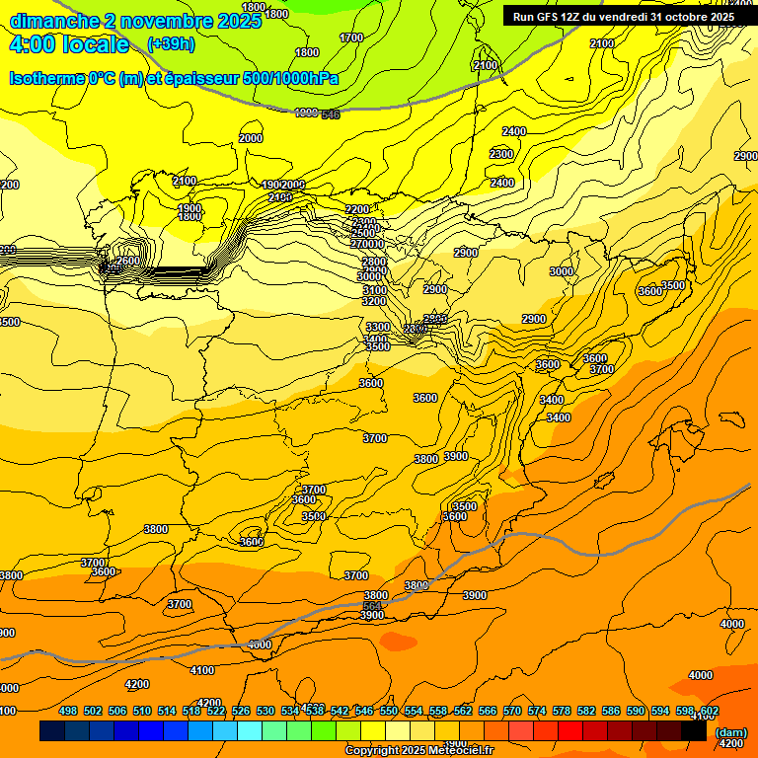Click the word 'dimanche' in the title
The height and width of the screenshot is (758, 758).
click(53, 21)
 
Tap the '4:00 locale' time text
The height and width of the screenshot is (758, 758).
click(69, 44)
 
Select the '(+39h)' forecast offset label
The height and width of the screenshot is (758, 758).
click(171, 44)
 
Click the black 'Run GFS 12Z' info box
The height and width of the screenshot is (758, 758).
click(624, 16)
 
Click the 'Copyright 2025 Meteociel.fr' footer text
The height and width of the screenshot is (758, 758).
click(417, 751)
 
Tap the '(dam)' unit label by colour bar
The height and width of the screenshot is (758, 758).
click(731, 732)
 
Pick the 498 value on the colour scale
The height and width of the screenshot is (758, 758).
click(68, 711)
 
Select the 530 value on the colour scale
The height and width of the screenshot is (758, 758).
click(265, 711)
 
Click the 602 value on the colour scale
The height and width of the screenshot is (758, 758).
click(710, 711)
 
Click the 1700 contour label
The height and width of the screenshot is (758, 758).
click(351, 38)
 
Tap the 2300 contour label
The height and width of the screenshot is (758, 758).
click(501, 154)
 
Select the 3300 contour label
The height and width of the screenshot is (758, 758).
click(377, 327)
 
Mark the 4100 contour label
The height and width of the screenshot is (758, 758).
click(201, 671)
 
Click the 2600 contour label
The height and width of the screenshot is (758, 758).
click(127, 262)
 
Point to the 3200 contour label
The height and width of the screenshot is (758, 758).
click(374, 301)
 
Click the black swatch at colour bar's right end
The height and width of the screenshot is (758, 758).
click(694, 731)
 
